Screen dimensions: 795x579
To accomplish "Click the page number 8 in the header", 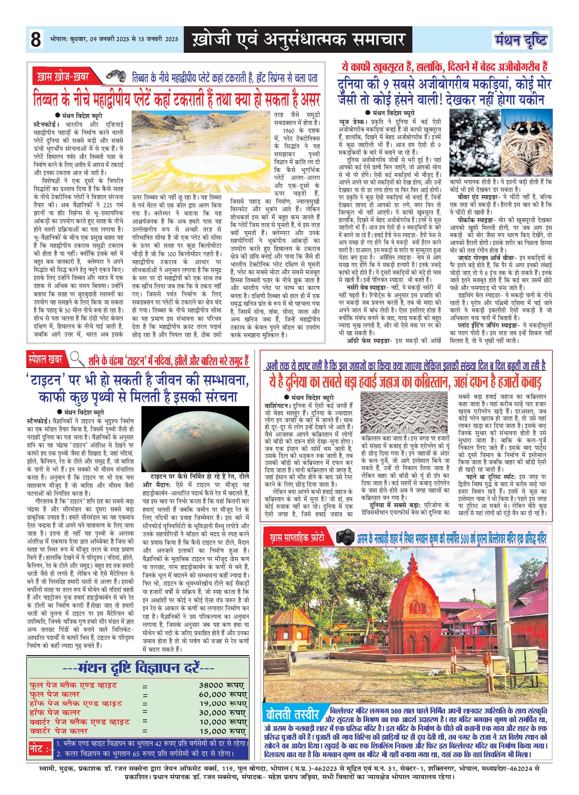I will [x=35, y=40].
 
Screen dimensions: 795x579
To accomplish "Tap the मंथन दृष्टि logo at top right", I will [x=522, y=40].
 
